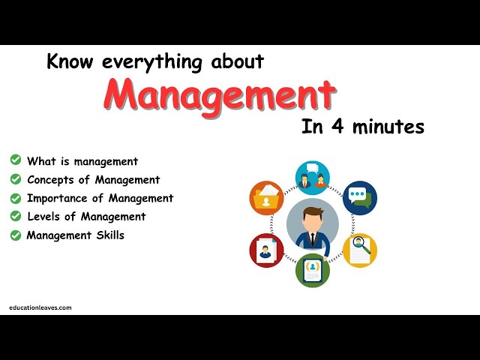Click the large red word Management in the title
click(220, 95)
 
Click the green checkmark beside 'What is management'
click(15, 160)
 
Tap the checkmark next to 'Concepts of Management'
click(15, 179)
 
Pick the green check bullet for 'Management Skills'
click(15, 235)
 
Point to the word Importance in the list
click(57, 199)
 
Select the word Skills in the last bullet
click(109, 235)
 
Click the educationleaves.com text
click(40, 307)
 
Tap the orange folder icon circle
click(266, 198)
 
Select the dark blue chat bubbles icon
click(359, 198)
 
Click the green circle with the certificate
click(313, 270)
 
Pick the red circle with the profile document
click(266, 250)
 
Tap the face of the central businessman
click(312, 218)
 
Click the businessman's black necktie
click(312, 239)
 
